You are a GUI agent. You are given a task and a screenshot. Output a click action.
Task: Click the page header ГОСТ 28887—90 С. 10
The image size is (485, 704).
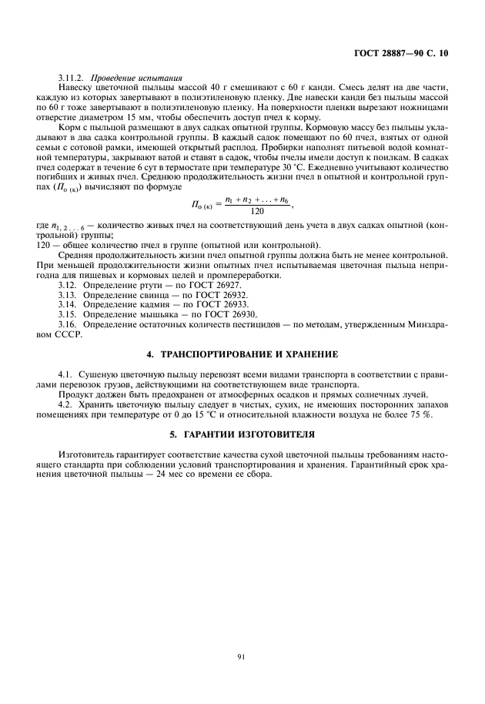tap(406, 54)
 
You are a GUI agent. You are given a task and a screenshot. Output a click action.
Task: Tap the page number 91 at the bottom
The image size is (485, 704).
tap(242, 656)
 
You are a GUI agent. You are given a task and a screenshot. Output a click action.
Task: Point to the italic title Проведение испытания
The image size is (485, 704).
tap(136, 78)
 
